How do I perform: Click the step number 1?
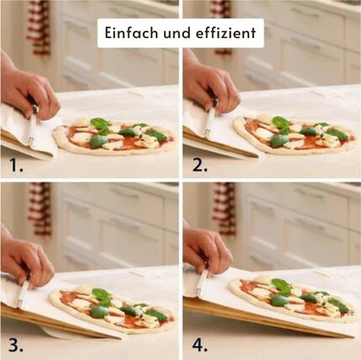point(16,166)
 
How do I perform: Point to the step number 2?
point(200,166)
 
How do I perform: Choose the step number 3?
point(16,345)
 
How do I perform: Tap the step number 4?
point(200,345)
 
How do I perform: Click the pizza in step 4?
point(293,298)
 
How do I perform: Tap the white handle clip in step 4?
point(201,283)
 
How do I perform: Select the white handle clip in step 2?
point(210,122)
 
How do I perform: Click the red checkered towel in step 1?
point(39,28)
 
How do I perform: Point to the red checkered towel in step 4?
point(224,208)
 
